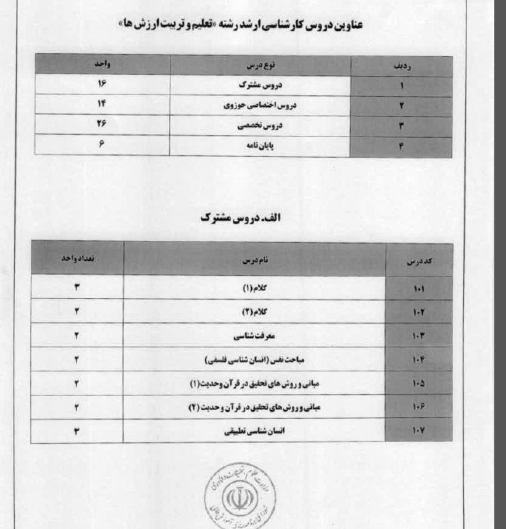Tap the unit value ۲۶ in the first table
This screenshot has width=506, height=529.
click(x=102, y=125)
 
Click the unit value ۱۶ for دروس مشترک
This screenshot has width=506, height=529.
click(x=102, y=85)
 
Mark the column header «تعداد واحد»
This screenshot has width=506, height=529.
click(x=77, y=259)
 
